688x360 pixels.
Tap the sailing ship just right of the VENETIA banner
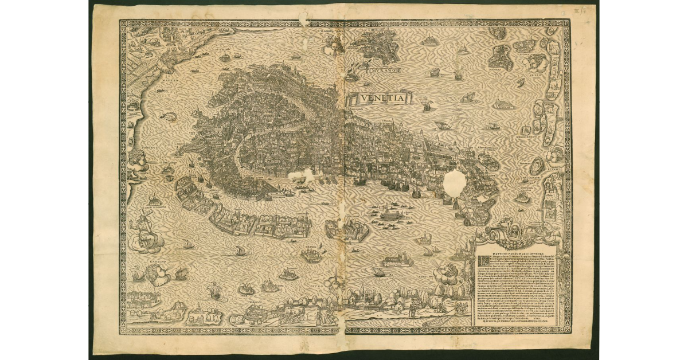[427, 104]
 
